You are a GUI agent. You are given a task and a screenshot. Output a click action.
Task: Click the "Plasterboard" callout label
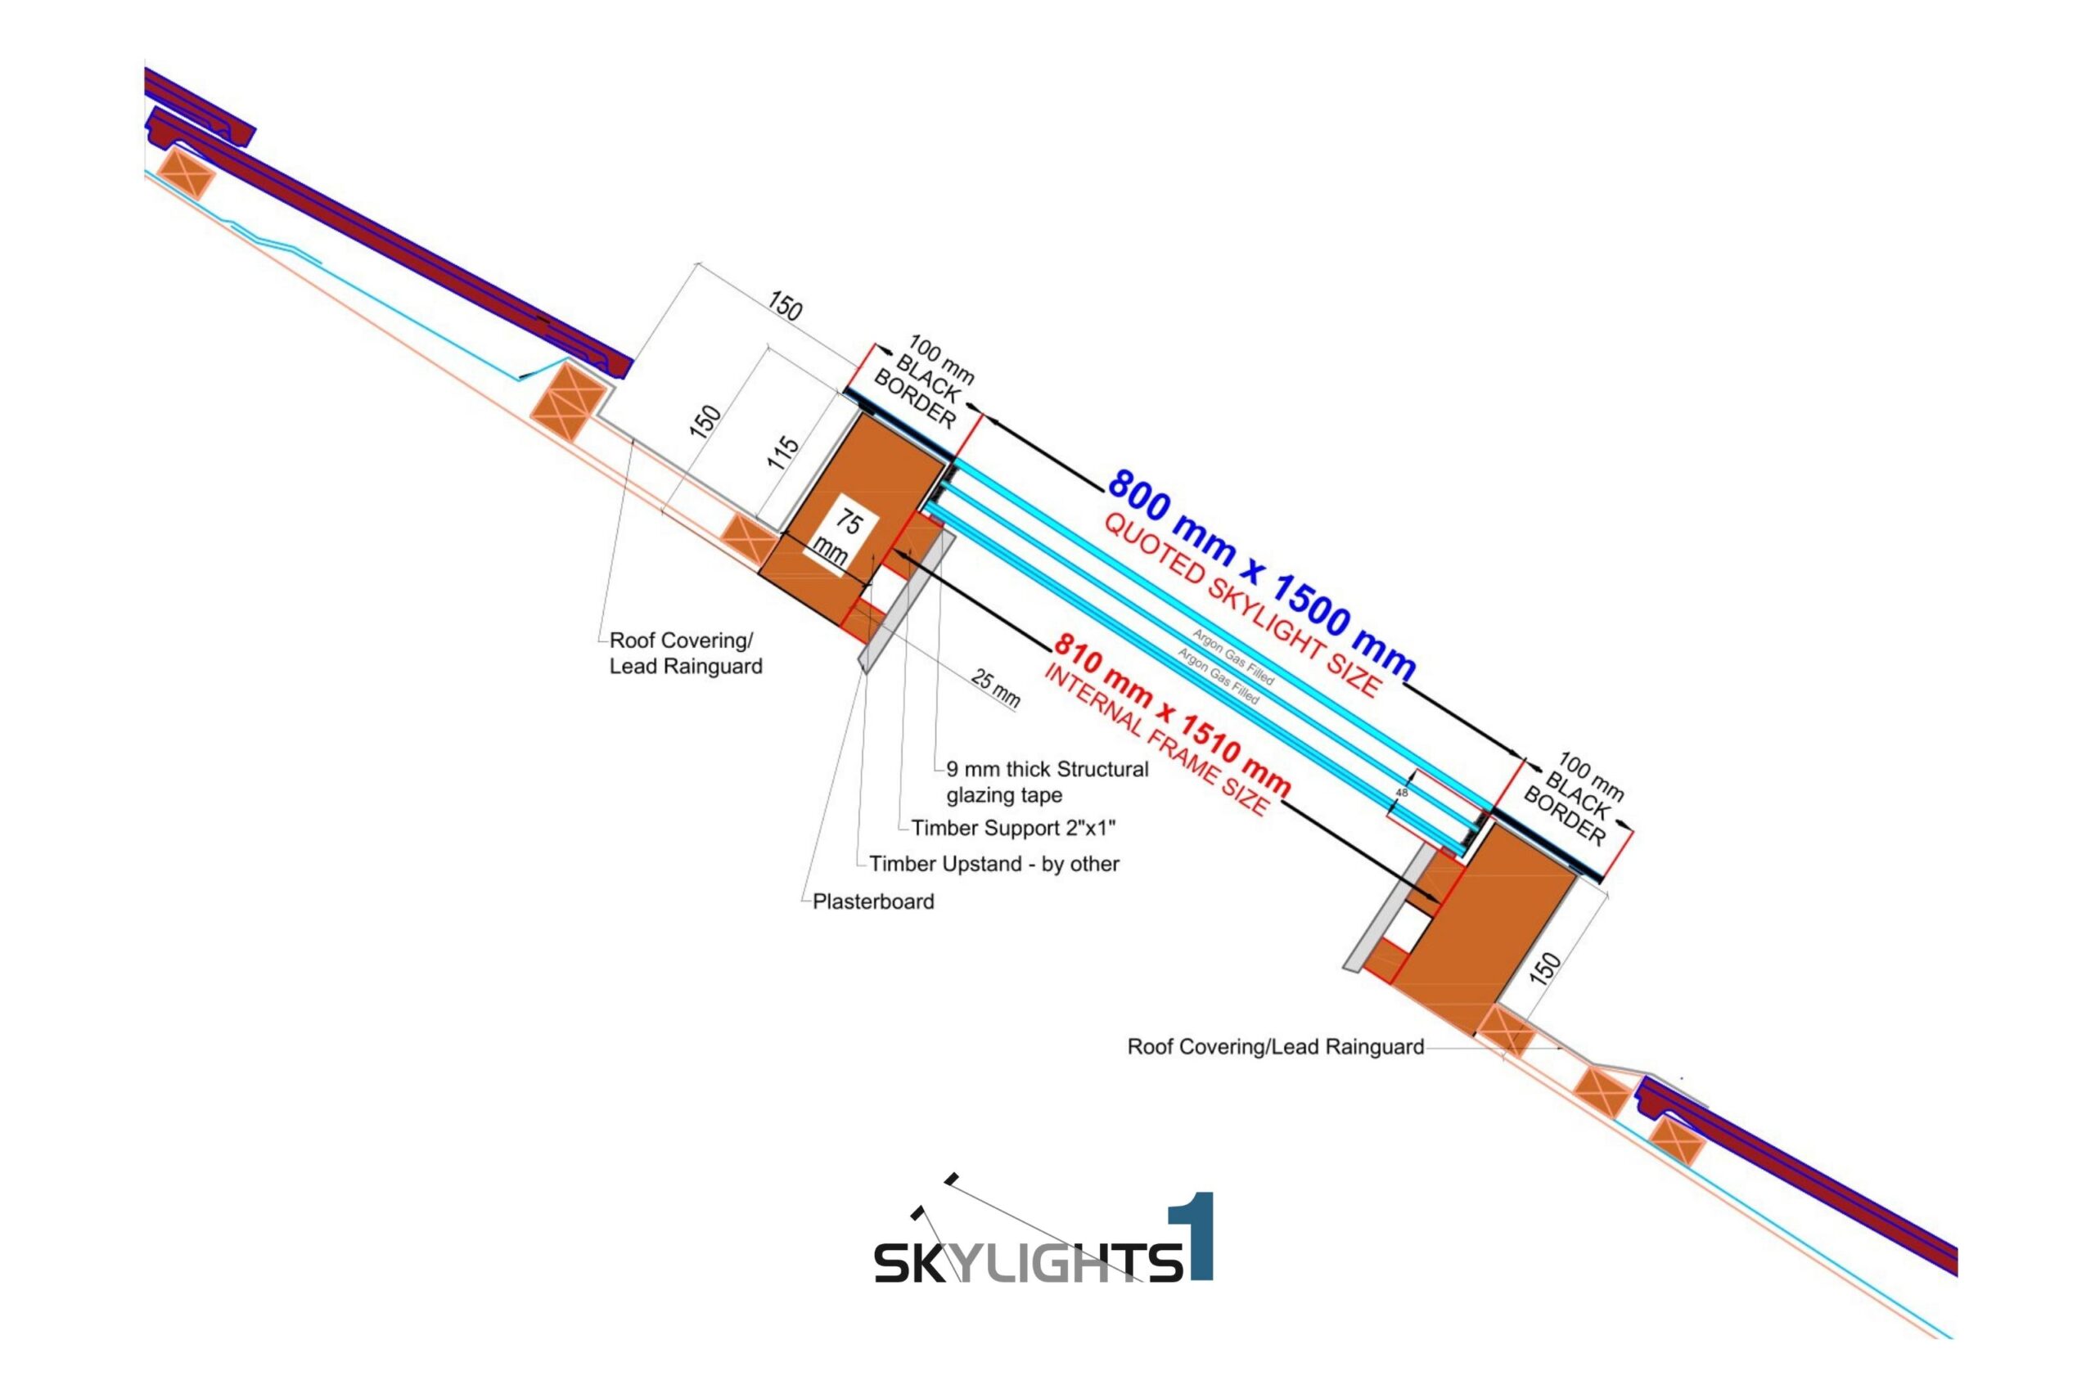pos(872,901)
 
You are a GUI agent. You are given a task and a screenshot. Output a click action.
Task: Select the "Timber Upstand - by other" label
pos(993,864)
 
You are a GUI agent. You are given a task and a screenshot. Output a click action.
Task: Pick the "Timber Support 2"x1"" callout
pos(1013,829)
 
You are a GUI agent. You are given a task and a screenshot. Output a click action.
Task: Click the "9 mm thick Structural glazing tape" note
pos(1047,782)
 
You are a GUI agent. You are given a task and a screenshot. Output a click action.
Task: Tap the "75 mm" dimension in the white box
pos(840,537)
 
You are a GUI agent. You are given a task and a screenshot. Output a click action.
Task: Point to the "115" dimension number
pos(783,453)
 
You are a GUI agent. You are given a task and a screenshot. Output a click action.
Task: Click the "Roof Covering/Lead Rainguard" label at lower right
pos(1274,1047)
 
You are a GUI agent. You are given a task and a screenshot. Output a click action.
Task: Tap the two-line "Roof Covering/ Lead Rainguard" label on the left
pos(685,654)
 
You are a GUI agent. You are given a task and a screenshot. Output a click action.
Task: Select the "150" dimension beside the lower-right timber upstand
pos(1545,969)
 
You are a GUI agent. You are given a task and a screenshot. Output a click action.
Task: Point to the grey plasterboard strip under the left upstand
pos(906,602)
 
